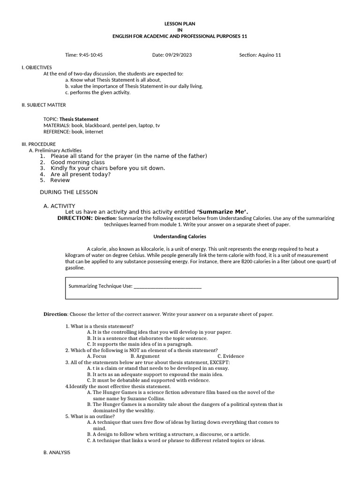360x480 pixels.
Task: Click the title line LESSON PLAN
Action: click(180, 23)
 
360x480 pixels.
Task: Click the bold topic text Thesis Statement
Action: click(79, 119)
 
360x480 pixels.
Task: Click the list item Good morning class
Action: click(77, 162)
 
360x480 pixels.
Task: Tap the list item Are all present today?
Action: click(80, 174)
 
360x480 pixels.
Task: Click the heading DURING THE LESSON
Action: click(68, 192)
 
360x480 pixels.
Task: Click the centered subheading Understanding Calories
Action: click(180, 237)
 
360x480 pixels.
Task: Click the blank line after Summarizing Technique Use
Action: click(167, 286)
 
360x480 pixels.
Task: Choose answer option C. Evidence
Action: click(231, 356)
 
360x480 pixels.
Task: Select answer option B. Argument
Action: click(145, 356)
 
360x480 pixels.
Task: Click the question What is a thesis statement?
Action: click(102, 326)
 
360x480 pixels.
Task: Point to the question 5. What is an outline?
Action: click(94, 416)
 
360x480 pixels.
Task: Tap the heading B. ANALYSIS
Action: click(56, 452)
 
